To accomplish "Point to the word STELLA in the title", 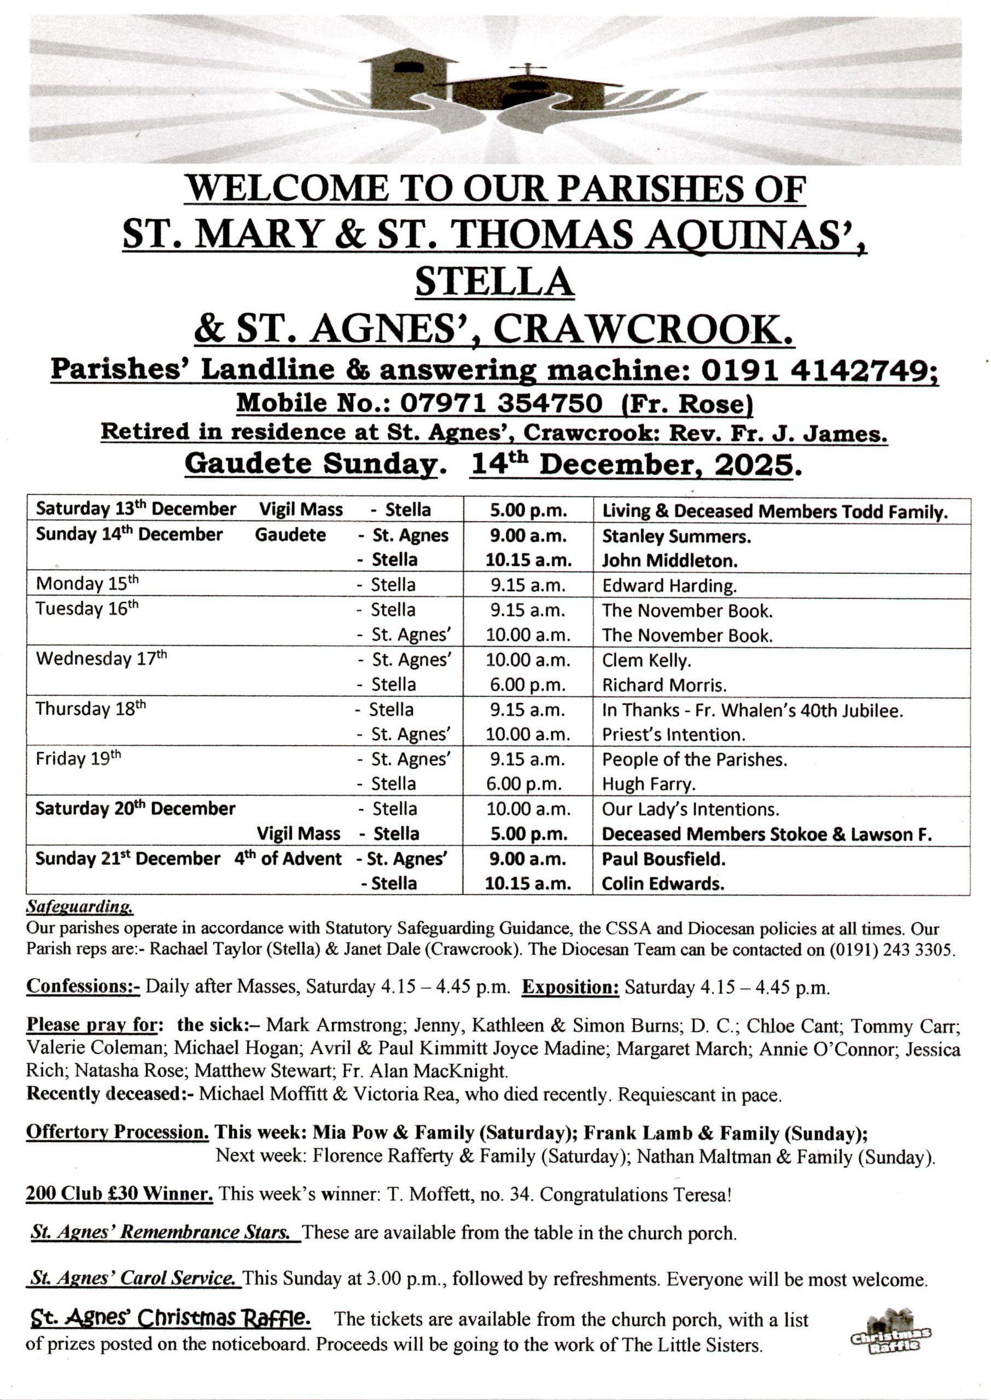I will click(x=494, y=282).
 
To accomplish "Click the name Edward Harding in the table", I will click(x=669, y=586).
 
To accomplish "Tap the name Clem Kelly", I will click(x=646, y=660).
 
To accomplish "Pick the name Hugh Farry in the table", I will click(x=649, y=784).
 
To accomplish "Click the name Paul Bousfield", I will click(x=663, y=859).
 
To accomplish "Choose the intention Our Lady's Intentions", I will click(x=690, y=809).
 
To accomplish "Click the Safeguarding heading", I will click(x=79, y=907).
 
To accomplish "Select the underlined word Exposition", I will click(x=570, y=988).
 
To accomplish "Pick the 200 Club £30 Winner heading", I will click(x=119, y=1194).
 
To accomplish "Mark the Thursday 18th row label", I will click(x=90, y=708).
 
